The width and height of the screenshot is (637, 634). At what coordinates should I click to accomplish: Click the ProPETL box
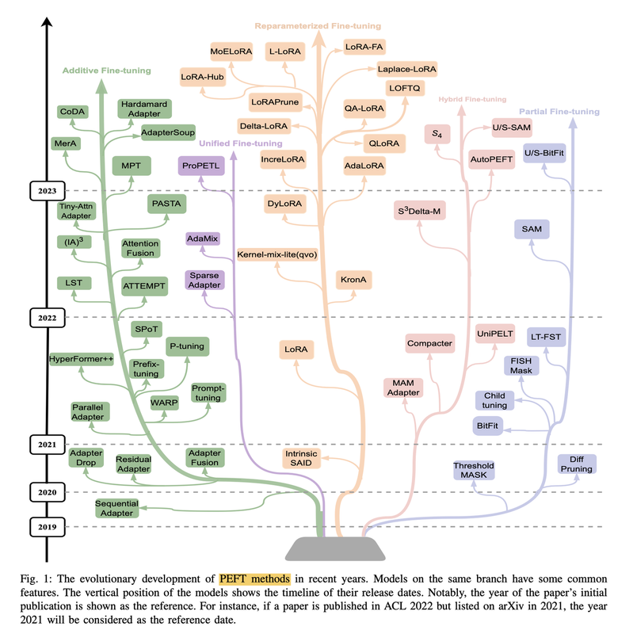[199, 166]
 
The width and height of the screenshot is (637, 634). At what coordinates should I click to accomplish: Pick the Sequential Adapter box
[116, 509]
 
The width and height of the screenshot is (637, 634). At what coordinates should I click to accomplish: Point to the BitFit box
[488, 426]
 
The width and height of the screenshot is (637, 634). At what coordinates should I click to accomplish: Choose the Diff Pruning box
[576, 464]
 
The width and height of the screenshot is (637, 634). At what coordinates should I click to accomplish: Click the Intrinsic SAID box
[300, 459]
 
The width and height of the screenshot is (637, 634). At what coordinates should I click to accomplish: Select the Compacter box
[429, 343]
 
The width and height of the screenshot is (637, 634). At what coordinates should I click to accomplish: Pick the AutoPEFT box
[492, 159]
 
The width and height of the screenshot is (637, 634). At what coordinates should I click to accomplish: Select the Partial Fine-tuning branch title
[559, 112]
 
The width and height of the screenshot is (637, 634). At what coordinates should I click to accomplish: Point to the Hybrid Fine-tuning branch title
[471, 99]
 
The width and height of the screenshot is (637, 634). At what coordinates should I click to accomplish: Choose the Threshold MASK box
[474, 471]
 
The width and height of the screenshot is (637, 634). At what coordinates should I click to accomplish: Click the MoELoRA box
[231, 52]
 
